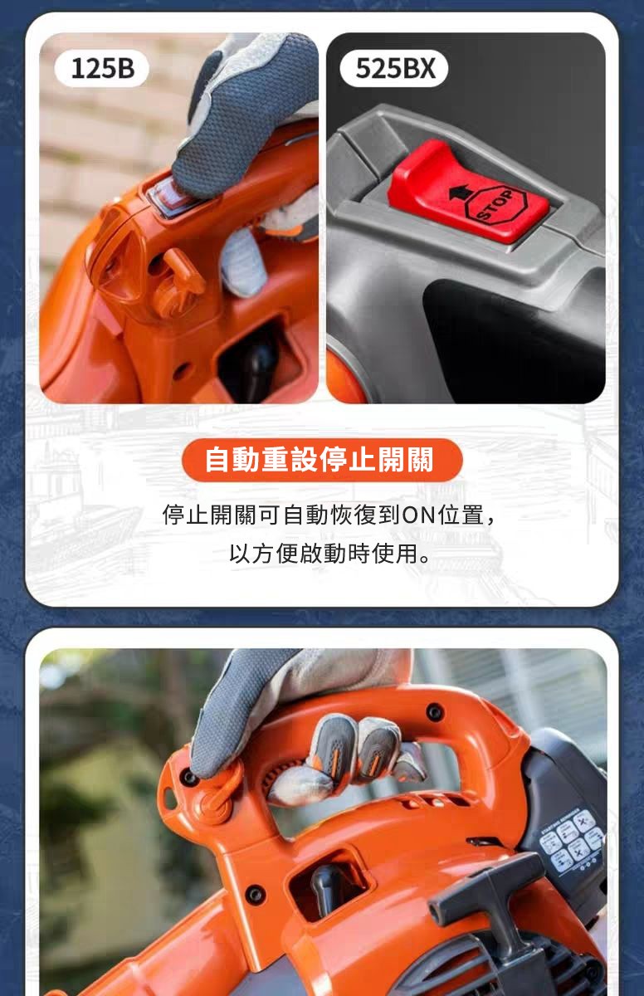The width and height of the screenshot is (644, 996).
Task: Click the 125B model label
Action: coord(102,68)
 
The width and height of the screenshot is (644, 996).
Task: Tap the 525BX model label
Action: coord(393,68)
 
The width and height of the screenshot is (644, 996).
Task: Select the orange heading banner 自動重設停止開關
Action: coord(322,460)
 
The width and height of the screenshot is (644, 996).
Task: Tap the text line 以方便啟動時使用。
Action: coord(329,554)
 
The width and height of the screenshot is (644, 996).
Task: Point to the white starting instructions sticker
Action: coord(573,839)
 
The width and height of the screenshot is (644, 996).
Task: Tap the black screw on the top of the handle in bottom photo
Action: coord(434,711)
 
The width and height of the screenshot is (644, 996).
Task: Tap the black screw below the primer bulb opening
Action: coord(256,895)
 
